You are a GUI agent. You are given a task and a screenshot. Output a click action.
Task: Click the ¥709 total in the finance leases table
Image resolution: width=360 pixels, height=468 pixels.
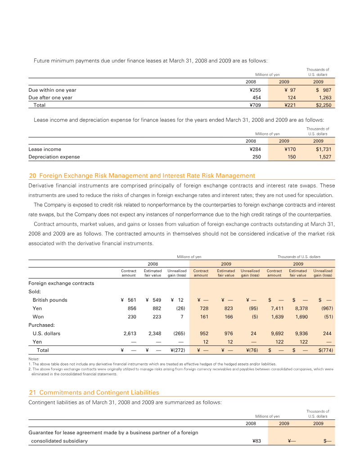pos(255,105)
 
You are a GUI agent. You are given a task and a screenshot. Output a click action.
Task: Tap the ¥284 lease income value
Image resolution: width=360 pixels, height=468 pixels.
pos(255,149)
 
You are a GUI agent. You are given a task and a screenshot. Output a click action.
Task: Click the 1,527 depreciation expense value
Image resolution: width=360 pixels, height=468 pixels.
pos(324,157)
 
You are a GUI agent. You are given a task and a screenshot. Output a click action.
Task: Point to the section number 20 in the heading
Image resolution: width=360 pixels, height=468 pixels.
pos(31,175)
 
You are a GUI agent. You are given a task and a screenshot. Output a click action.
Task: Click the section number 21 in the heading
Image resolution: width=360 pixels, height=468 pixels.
pos(31,392)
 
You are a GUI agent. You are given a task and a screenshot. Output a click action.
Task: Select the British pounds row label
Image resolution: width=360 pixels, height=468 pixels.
pos(50,300)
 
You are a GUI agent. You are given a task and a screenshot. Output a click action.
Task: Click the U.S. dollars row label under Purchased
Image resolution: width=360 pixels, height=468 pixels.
pos(47,334)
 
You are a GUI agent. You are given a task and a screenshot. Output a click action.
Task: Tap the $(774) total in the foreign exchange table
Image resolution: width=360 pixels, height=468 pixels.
pos(323,350)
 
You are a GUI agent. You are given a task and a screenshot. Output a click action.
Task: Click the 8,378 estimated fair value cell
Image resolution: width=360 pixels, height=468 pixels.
pos(298,309)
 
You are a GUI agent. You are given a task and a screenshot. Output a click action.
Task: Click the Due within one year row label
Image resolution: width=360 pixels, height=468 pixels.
pos(52,90)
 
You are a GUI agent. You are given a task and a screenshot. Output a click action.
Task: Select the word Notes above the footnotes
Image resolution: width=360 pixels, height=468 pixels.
pos(34,359)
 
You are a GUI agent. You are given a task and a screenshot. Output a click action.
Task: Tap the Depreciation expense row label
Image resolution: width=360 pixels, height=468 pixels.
pos(54,157)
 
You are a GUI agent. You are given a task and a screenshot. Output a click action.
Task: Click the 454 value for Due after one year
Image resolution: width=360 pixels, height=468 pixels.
pos(257,98)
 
